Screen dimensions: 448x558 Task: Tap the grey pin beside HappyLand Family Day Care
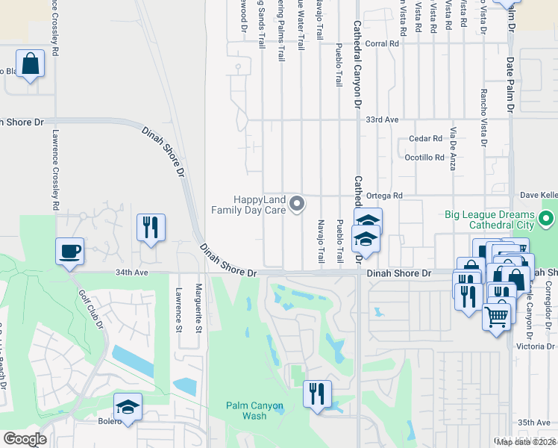click(x=298, y=203)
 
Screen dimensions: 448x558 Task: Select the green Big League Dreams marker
click(x=546, y=219)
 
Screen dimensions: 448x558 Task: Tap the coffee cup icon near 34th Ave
click(x=70, y=252)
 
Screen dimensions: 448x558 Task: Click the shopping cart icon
click(x=497, y=317)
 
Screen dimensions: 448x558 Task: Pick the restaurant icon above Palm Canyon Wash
click(x=317, y=393)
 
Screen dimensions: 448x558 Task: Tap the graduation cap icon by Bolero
click(x=128, y=408)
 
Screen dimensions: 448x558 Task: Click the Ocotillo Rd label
click(x=424, y=158)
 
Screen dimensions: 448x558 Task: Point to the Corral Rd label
click(x=383, y=44)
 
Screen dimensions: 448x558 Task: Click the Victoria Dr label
click(x=535, y=346)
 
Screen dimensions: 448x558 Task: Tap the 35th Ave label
click(x=534, y=423)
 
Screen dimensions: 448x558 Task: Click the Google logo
click(x=25, y=439)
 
